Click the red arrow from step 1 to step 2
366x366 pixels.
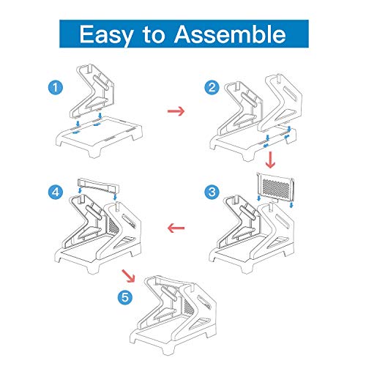tap(176, 111)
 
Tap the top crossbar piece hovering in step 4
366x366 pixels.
tap(97, 184)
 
